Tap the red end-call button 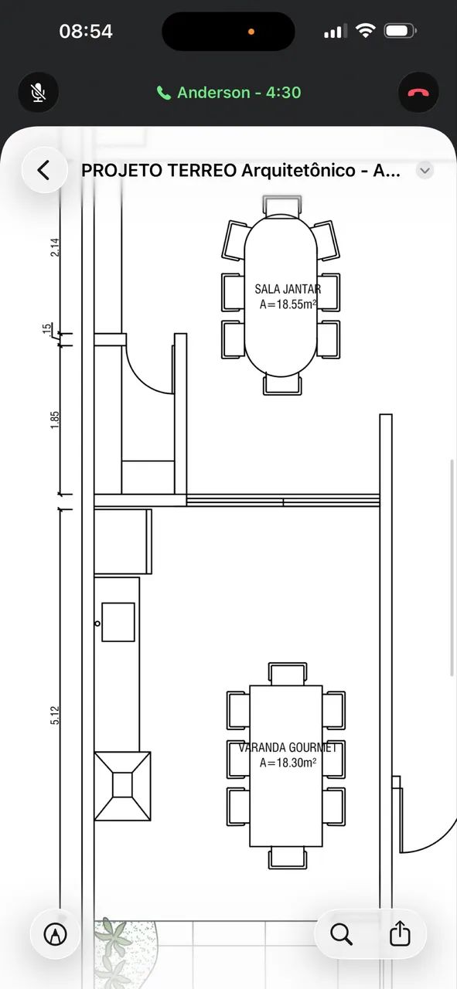coord(418,93)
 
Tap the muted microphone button coord(39,93)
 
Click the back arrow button coord(44,170)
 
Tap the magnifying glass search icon coord(341,934)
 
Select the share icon coord(400,933)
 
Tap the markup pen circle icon coord(55,934)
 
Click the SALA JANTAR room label coord(288,289)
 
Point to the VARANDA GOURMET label coord(288,747)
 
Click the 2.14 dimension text coord(54,247)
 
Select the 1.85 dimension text coord(54,420)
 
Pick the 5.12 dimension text coord(54,715)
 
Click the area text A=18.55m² coord(288,304)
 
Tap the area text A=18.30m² coord(288,763)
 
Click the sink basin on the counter coord(118,622)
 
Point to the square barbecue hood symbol coord(122,787)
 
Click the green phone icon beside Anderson coord(163,93)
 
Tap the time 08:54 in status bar coord(86,32)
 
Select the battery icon coord(400,31)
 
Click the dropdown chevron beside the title coord(425,171)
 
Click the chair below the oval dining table coord(282,384)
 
